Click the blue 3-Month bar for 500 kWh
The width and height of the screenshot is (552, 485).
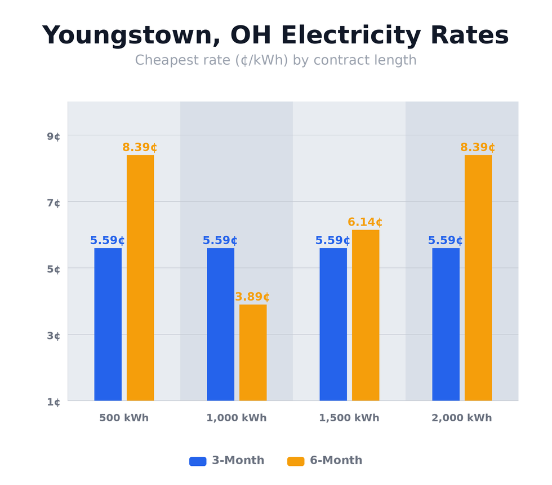tap(108, 324)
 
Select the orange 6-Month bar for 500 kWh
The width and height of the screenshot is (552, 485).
tap(140, 277)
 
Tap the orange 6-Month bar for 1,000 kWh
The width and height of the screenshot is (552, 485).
tap(253, 352)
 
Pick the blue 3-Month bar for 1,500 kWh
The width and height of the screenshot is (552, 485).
tap(333, 324)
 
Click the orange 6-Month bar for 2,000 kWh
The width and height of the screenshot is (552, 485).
tap(478, 277)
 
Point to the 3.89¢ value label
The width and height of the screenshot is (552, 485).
tap(252, 297)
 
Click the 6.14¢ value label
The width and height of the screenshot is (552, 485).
tap(365, 222)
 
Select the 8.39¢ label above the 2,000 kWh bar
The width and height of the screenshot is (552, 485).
tap(478, 148)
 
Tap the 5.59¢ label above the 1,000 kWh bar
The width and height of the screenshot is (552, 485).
tap(220, 241)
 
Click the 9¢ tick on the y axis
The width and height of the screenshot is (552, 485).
tap(54, 136)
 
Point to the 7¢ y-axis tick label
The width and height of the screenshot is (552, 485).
tap(54, 203)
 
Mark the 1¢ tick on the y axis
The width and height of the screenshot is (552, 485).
tap(54, 402)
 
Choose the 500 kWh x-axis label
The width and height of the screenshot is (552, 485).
tap(124, 418)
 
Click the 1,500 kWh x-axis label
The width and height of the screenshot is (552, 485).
tap(349, 418)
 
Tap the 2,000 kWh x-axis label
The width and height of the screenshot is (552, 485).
tap(462, 418)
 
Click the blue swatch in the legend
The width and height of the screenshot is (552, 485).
tap(198, 461)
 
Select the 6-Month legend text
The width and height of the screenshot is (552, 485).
tap(336, 461)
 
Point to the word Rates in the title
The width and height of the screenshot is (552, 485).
tap(469, 36)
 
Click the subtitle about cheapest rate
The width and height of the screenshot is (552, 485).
tap(276, 60)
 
